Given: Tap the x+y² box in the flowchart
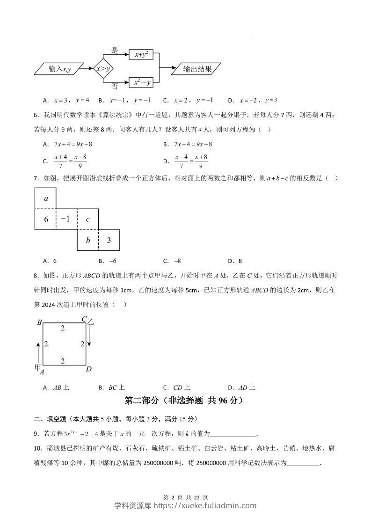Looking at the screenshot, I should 141,55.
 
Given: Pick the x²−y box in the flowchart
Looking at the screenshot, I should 141,82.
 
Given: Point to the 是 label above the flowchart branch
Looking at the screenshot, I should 115,50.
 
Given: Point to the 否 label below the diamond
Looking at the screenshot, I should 115,87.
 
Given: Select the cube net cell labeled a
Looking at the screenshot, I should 45,198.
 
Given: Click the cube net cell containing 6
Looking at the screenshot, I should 45,219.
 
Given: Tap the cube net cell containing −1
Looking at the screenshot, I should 66,219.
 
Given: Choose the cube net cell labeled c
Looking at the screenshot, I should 87,219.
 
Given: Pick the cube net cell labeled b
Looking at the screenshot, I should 87,240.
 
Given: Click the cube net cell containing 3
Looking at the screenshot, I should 109,240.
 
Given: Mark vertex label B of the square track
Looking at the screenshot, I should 40,322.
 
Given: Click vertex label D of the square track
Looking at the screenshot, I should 88,369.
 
